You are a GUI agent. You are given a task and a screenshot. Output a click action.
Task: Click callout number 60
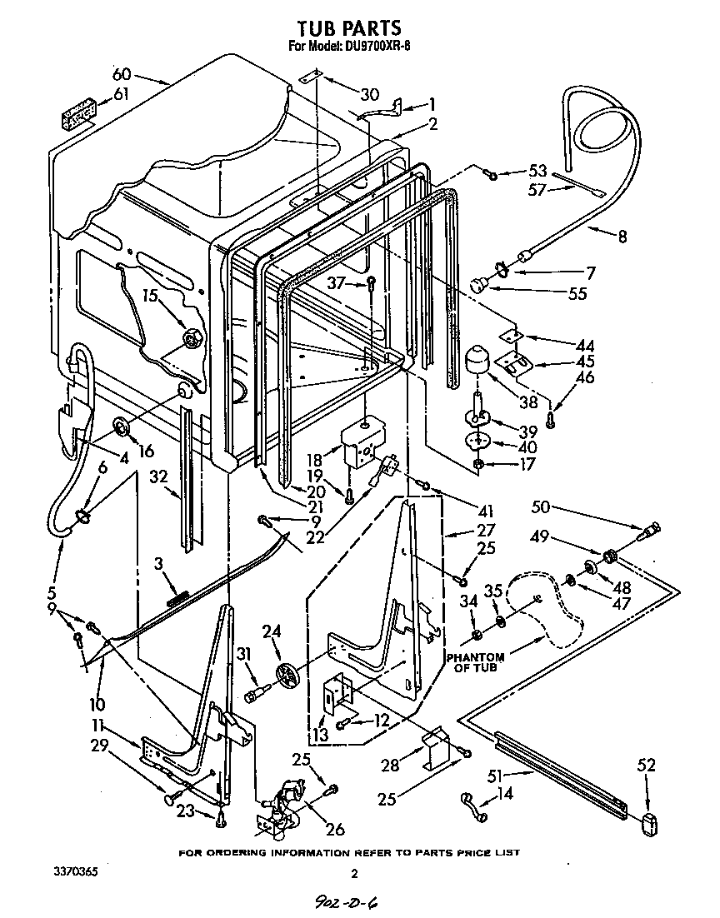coord(122,73)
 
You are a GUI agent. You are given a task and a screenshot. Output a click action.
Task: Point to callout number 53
coord(537,172)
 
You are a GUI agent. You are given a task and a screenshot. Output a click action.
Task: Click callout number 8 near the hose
coord(622,237)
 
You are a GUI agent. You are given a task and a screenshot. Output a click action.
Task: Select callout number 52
coord(647,765)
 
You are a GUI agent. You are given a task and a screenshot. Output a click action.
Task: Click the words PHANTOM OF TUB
coord(475,662)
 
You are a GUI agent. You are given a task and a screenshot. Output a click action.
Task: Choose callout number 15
coord(149,296)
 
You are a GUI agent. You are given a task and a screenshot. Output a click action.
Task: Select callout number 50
coord(541,506)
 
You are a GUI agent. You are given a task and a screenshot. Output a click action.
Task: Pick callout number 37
coord(335,283)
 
